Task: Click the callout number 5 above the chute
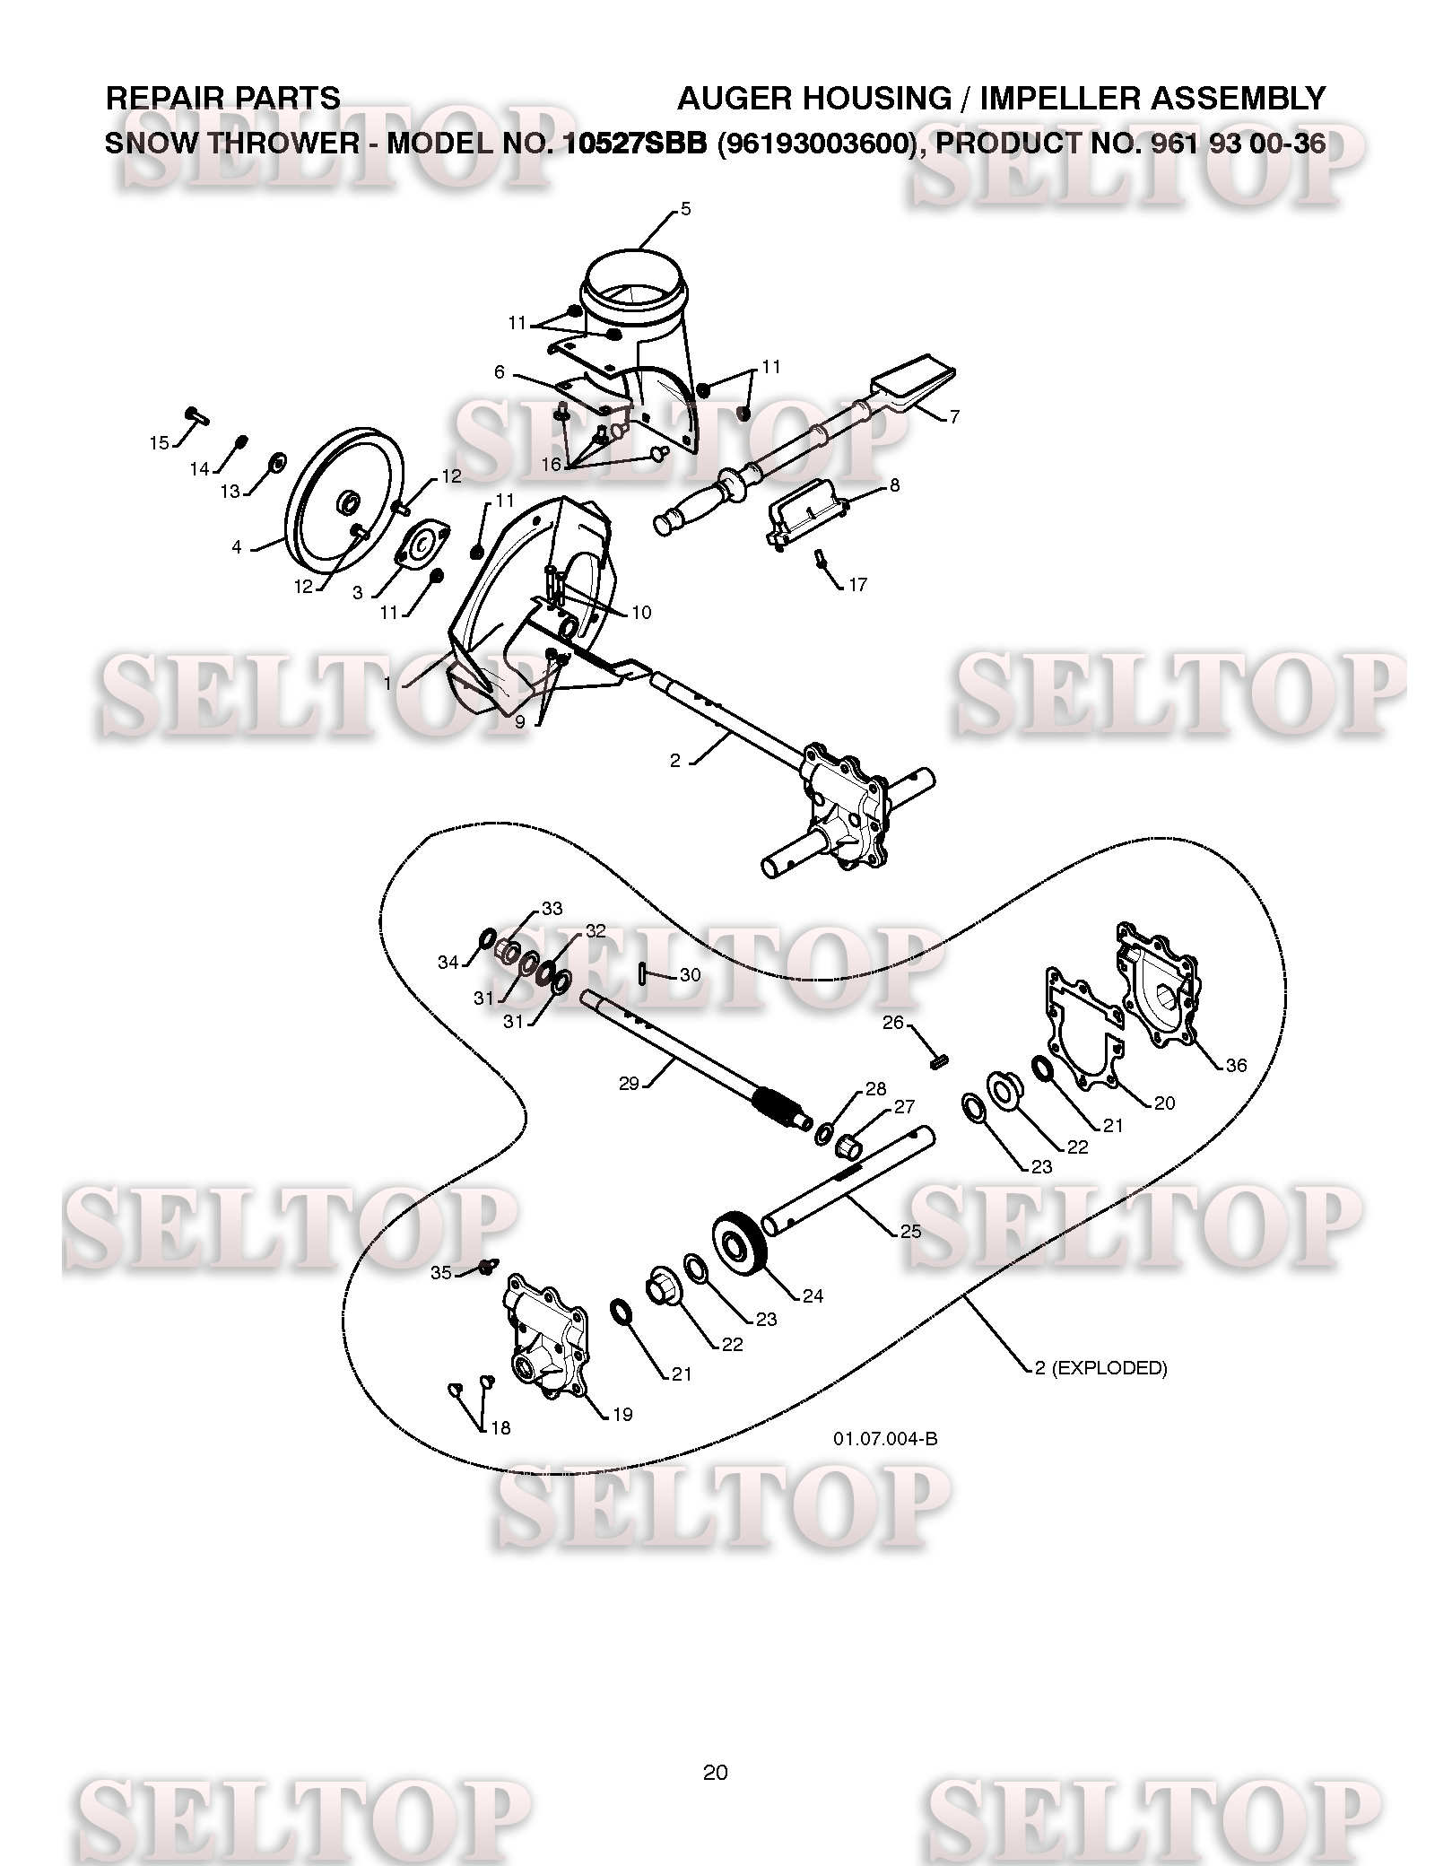[686, 209]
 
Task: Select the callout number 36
[1236, 1065]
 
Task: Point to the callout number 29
[629, 1084]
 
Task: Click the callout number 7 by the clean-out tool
[954, 416]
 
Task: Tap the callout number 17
[857, 584]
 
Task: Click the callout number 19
[622, 1415]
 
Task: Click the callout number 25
[910, 1231]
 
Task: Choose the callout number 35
[441, 1272]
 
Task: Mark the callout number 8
[894, 485]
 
